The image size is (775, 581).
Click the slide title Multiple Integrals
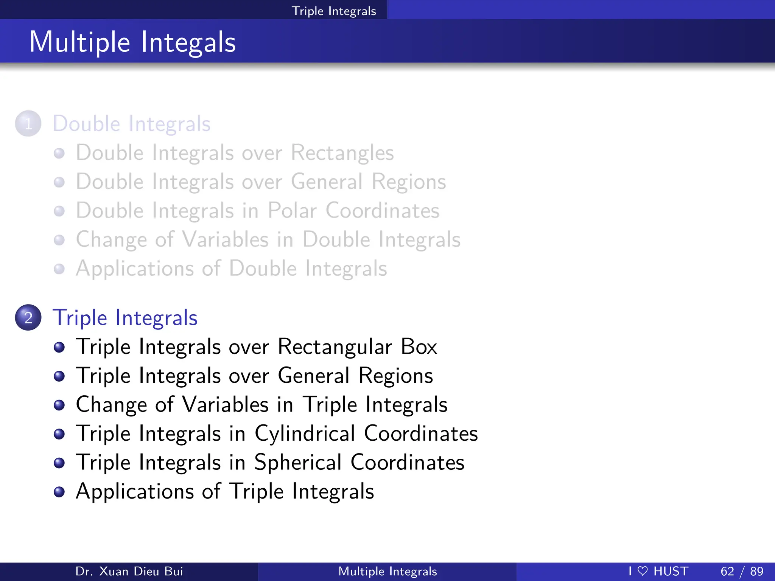pos(132,42)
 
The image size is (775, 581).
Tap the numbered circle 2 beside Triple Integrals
pos(28,317)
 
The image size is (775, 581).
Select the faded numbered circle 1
pos(28,124)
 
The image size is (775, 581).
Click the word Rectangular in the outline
pos(335,346)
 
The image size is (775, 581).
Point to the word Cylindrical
pos(305,433)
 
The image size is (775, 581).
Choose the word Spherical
pos(298,462)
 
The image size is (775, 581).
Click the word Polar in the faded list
pos(292,211)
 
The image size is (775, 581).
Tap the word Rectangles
pos(342,153)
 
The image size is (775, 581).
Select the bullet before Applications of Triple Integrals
pos(59,492)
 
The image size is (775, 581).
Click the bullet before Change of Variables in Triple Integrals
pos(59,405)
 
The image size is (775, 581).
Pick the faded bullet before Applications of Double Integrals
pos(59,269)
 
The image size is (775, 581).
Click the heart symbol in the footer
pos(643,571)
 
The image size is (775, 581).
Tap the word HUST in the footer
pos(671,571)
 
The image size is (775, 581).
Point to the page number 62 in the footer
pos(727,571)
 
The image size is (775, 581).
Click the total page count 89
pos(756,571)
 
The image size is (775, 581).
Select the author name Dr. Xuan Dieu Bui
pos(129,571)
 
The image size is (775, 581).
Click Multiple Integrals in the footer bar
pos(387,571)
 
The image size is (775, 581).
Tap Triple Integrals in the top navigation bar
pos(334,11)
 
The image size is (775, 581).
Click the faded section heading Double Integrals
pos(131,124)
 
